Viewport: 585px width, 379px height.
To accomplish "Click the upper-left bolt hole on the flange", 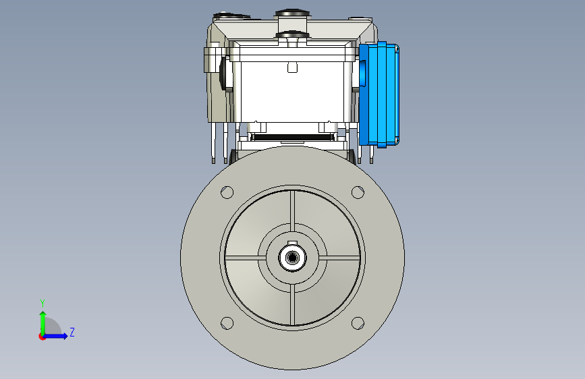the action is point(227,192).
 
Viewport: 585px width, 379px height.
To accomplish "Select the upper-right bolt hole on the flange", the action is point(358,192).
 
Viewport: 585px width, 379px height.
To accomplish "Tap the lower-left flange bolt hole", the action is point(227,323).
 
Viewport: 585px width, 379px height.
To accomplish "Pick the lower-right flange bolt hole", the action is point(358,323).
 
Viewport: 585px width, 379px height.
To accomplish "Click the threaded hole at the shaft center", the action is point(293,258).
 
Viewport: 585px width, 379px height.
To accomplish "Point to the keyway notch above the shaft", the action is point(293,243).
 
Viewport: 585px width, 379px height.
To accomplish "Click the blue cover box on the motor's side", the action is point(379,94).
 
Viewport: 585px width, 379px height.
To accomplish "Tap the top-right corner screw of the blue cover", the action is point(397,49).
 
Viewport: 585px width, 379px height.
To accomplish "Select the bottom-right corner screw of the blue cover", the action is point(397,140).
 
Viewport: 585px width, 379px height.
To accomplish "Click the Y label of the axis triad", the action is point(43,303).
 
